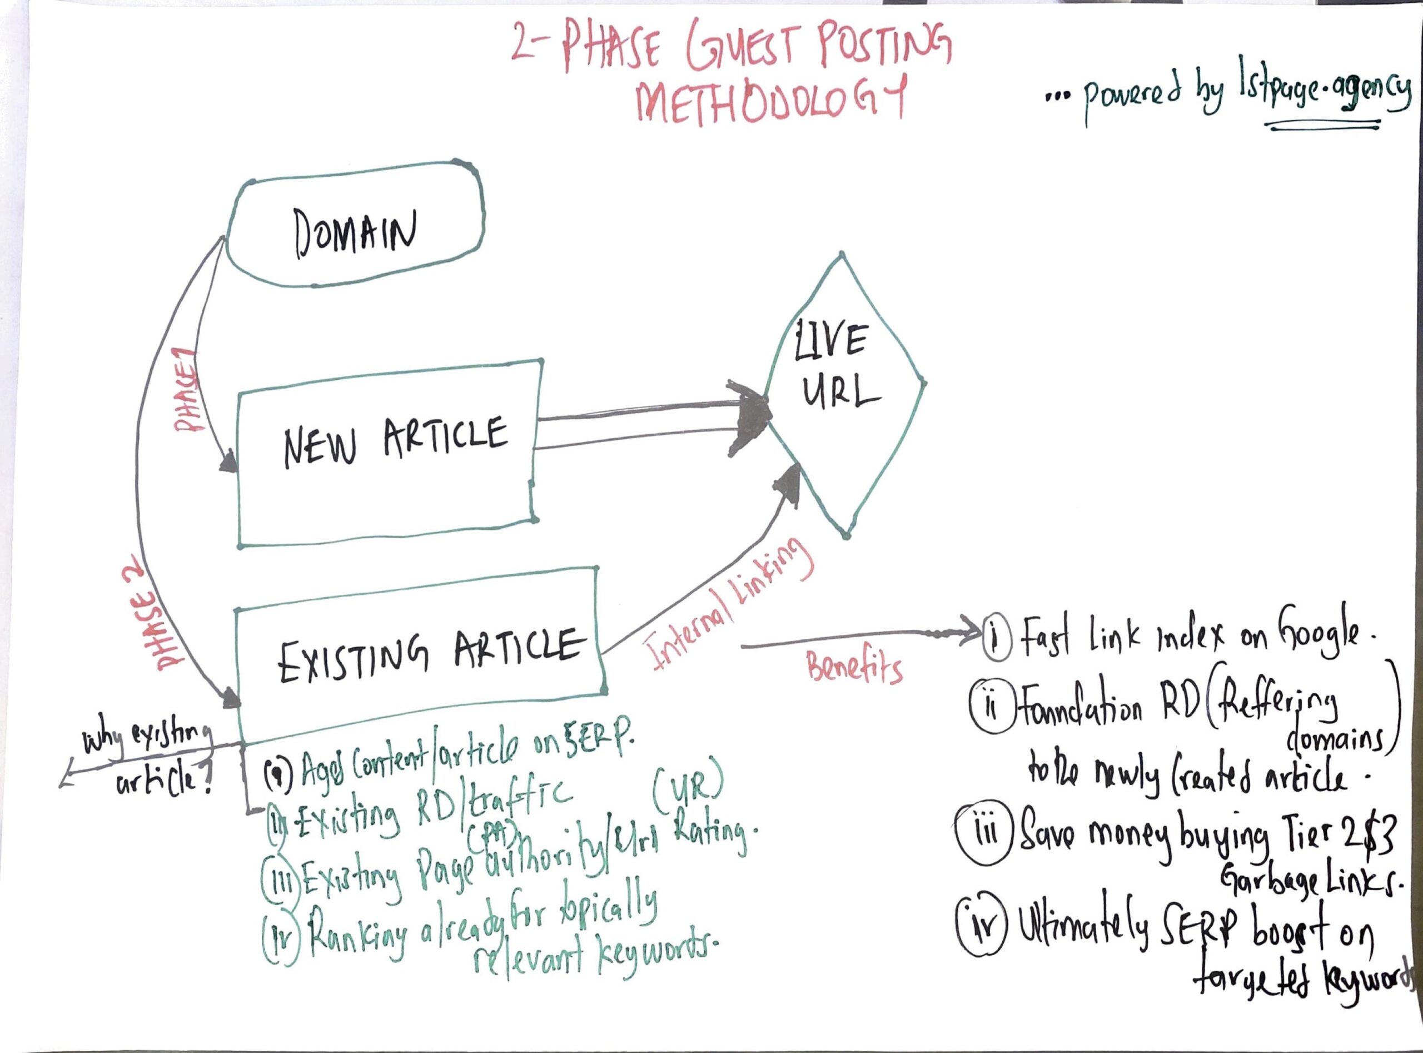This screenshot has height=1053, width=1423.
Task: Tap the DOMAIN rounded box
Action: [x=356, y=232]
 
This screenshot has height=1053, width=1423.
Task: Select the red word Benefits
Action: [x=854, y=668]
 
